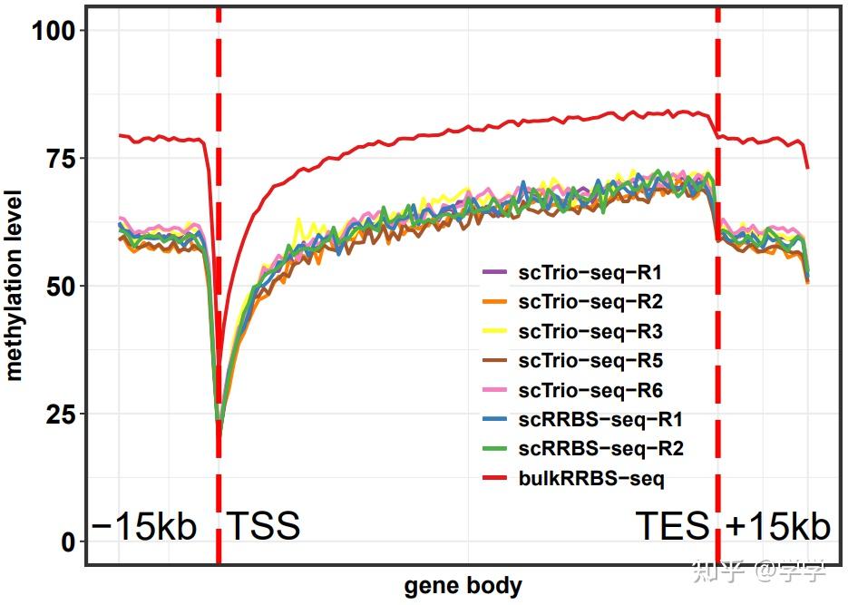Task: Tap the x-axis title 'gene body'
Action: [x=463, y=586]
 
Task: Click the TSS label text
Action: [x=262, y=526]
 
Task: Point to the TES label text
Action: [x=672, y=526]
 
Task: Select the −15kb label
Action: [x=144, y=526]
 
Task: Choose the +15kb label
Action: [x=777, y=526]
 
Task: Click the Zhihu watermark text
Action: [x=759, y=571]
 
